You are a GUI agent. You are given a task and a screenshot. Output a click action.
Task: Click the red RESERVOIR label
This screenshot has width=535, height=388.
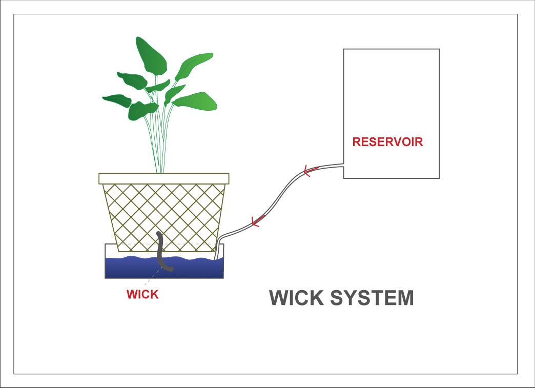pos(387,142)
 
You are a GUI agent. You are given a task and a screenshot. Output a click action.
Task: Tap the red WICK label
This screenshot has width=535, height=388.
pos(142,295)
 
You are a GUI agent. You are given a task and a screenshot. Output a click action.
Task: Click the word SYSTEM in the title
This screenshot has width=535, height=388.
pos(372,298)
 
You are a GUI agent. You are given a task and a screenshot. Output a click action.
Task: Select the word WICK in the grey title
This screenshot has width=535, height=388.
pos(296,298)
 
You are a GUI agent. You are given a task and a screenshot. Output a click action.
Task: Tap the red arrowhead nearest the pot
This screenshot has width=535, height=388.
pos(257,221)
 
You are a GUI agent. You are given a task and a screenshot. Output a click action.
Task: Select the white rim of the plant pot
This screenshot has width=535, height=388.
pos(164,178)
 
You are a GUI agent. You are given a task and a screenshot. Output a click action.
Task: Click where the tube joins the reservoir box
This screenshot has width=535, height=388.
pos(343,166)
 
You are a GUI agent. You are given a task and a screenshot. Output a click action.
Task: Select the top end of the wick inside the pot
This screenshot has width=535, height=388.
pos(159,234)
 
